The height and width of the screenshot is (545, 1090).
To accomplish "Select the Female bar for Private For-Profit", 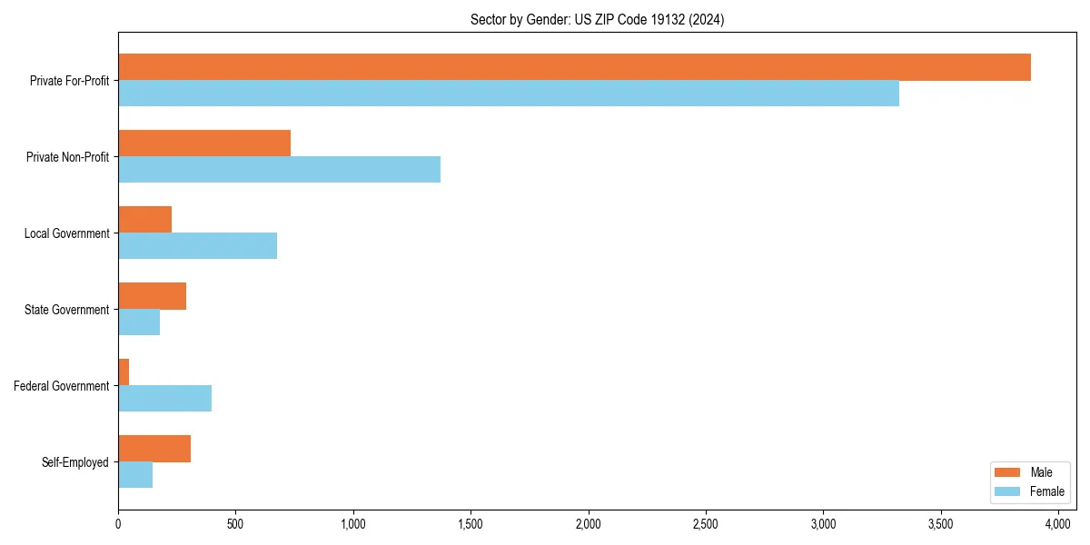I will click(x=509, y=94).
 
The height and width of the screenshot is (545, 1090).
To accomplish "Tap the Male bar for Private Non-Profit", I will click(x=204, y=144).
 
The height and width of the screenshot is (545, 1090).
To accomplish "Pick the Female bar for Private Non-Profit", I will click(x=279, y=170).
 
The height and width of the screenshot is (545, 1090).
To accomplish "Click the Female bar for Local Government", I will click(x=197, y=246).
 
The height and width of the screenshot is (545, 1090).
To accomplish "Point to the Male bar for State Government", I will click(x=152, y=296).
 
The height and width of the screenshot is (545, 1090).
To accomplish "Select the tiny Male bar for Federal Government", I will click(x=124, y=372).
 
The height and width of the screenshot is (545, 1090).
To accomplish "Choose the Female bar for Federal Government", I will click(x=164, y=399).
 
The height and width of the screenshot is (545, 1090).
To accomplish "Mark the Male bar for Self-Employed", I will click(x=154, y=449).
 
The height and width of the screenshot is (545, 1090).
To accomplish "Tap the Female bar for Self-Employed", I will click(x=135, y=475).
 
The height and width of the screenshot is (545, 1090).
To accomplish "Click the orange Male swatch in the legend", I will click(x=1008, y=472).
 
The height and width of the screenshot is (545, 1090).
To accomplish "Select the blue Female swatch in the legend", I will click(x=1008, y=491).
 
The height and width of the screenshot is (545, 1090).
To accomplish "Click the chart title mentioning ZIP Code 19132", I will click(x=597, y=19).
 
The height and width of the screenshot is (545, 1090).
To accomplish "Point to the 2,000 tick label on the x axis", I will click(x=588, y=524).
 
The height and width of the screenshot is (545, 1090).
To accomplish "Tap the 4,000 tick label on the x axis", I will click(x=1057, y=524).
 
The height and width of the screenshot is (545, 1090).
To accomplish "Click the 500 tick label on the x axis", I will click(x=235, y=524).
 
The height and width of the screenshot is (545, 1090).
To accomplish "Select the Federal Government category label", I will click(x=62, y=386).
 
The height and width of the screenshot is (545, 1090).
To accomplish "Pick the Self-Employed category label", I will click(x=75, y=462).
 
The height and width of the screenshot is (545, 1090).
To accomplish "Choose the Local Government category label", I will click(x=67, y=233).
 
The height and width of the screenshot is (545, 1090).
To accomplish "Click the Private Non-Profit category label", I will click(x=68, y=157).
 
